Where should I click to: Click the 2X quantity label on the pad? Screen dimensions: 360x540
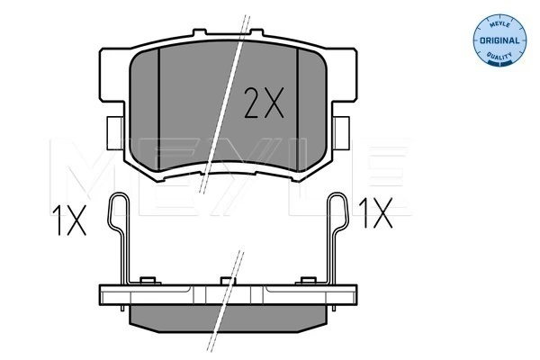[x=264, y=105]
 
